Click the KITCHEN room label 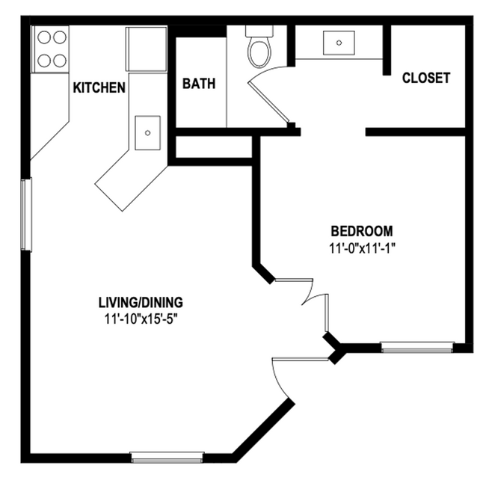pyautogui.click(x=99, y=87)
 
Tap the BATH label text pyautogui.click(x=199, y=83)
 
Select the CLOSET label pyautogui.click(x=426, y=78)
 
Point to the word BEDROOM pyautogui.click(x=362, y=230)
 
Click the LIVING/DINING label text pyautogui.click(x=141, y=303)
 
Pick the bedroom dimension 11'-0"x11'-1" pyautogui.click(x=362, y=249)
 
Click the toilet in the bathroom pyautogui.click(x=259, y=49)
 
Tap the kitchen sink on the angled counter pyautogui.click(x=148, y=132)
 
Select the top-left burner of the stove pyautogui.click(x=43, y=37)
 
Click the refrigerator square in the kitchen pyautogui.click(x=146, y=49)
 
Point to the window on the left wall pyautogui.click(x=25, y=215)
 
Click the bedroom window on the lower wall pyautogui.click(x=417, y=346)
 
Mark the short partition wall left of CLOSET pyautogui.click(x=387, y=51)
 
